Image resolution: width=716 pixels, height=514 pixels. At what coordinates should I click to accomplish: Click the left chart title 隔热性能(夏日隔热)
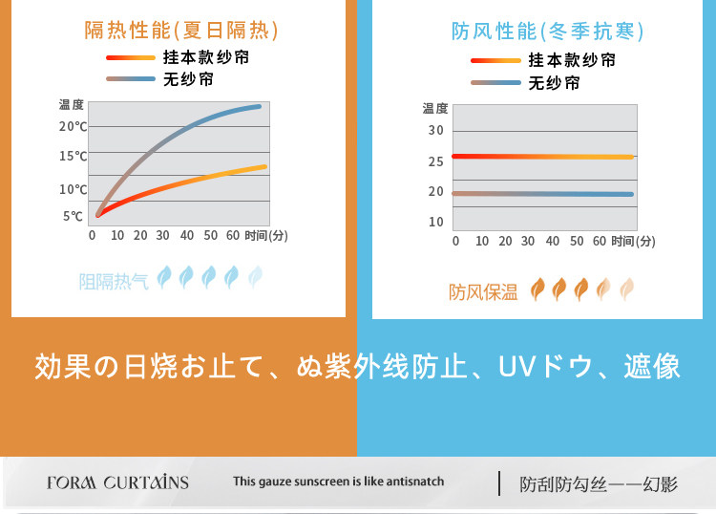point(181,31)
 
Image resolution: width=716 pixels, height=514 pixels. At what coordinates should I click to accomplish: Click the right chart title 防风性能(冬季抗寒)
point(547,32)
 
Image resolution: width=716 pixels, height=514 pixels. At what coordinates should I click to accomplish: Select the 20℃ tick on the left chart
point(73,126)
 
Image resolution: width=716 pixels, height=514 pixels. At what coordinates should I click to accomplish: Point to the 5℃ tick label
point(74,216)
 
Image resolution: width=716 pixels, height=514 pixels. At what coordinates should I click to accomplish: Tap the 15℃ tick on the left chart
point(73,156)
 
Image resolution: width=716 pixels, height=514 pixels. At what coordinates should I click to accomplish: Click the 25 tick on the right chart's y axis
point(436,161)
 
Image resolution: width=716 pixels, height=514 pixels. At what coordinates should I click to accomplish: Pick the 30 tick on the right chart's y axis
point(436,130)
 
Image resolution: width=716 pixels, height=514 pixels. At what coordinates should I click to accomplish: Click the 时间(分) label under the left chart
point(266,235)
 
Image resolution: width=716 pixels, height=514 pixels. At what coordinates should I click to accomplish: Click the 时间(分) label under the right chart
point(633,241)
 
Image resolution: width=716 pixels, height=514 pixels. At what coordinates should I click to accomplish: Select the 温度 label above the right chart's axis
point(435,108)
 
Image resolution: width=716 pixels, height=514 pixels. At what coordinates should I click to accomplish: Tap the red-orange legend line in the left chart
point(131,57)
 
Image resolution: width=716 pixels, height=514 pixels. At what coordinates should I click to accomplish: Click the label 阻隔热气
point(114,281)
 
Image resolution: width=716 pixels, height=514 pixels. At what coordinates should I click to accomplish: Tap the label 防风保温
point(483,291)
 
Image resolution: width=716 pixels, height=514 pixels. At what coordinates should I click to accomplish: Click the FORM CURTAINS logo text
point(117,482)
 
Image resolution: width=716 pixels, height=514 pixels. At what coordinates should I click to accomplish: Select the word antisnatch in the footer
point(411,482)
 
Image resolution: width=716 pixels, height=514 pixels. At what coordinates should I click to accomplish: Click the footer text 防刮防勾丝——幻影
point(599,484)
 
